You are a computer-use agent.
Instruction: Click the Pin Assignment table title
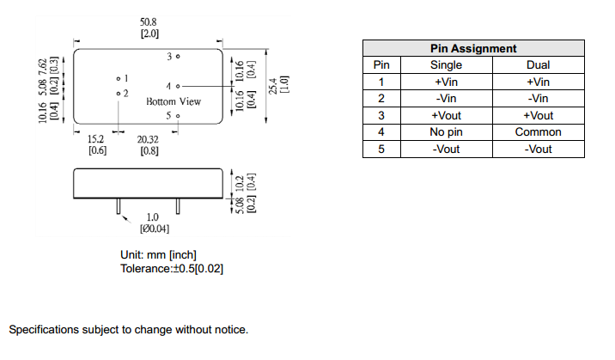[472, 48]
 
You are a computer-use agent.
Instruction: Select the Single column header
[446, 64]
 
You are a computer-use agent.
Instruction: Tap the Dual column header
[538, 64]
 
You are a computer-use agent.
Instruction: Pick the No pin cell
[446, 132]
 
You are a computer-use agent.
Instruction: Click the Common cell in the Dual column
[538, 132]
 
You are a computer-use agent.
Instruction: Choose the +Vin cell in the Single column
[446, 82]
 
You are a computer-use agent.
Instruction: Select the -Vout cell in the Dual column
[538, 149]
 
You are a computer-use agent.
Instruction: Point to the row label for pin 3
[382, 115]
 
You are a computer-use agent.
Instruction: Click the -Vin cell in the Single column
[446, 99]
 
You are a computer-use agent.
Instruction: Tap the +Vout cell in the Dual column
[538, 115]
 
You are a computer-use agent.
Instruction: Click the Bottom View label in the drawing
[174, 101]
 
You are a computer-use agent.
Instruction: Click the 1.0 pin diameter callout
[152, 217]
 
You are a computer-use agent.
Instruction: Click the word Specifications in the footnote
[45, 330]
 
